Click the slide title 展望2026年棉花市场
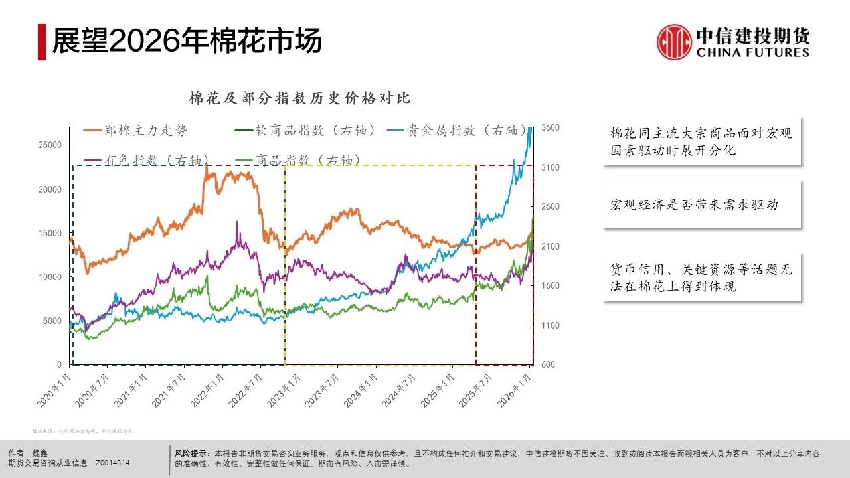[187, 41]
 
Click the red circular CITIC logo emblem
[674, 42]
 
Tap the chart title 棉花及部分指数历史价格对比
[300, 98]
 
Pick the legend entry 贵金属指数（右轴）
[463, 131]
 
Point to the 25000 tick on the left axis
[51, 145]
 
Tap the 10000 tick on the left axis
[51, 277]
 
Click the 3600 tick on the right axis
[551, 128]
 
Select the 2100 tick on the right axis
[551, 247]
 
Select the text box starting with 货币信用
[702, 278]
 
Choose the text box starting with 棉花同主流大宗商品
[702, 141]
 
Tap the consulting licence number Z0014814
[113, 463]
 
